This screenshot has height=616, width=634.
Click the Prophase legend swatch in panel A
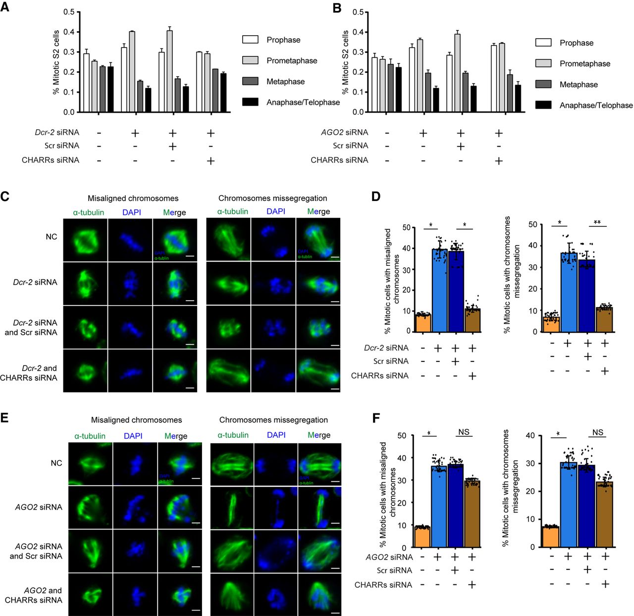click(250, 40)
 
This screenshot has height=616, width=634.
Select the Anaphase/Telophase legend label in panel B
click(596, 105)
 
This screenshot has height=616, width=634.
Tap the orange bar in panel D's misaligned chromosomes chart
click(423, 322)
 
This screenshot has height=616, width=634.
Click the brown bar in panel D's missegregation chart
click(604, 319)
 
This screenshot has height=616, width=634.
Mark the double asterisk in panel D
click(597, 222)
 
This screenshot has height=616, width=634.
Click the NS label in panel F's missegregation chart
click(598, 432)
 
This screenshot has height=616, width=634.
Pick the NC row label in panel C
click(51, 237)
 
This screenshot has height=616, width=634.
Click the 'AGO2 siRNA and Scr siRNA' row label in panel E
click(39, 551)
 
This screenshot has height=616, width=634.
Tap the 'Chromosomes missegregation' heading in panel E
click(273, 420)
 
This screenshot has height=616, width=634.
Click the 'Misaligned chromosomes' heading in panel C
click(133, 198)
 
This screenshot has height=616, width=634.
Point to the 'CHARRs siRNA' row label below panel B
click(339, 160)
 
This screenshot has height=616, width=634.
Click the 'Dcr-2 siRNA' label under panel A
click(57, 132)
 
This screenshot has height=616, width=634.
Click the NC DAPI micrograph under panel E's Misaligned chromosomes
click(135, 464)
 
